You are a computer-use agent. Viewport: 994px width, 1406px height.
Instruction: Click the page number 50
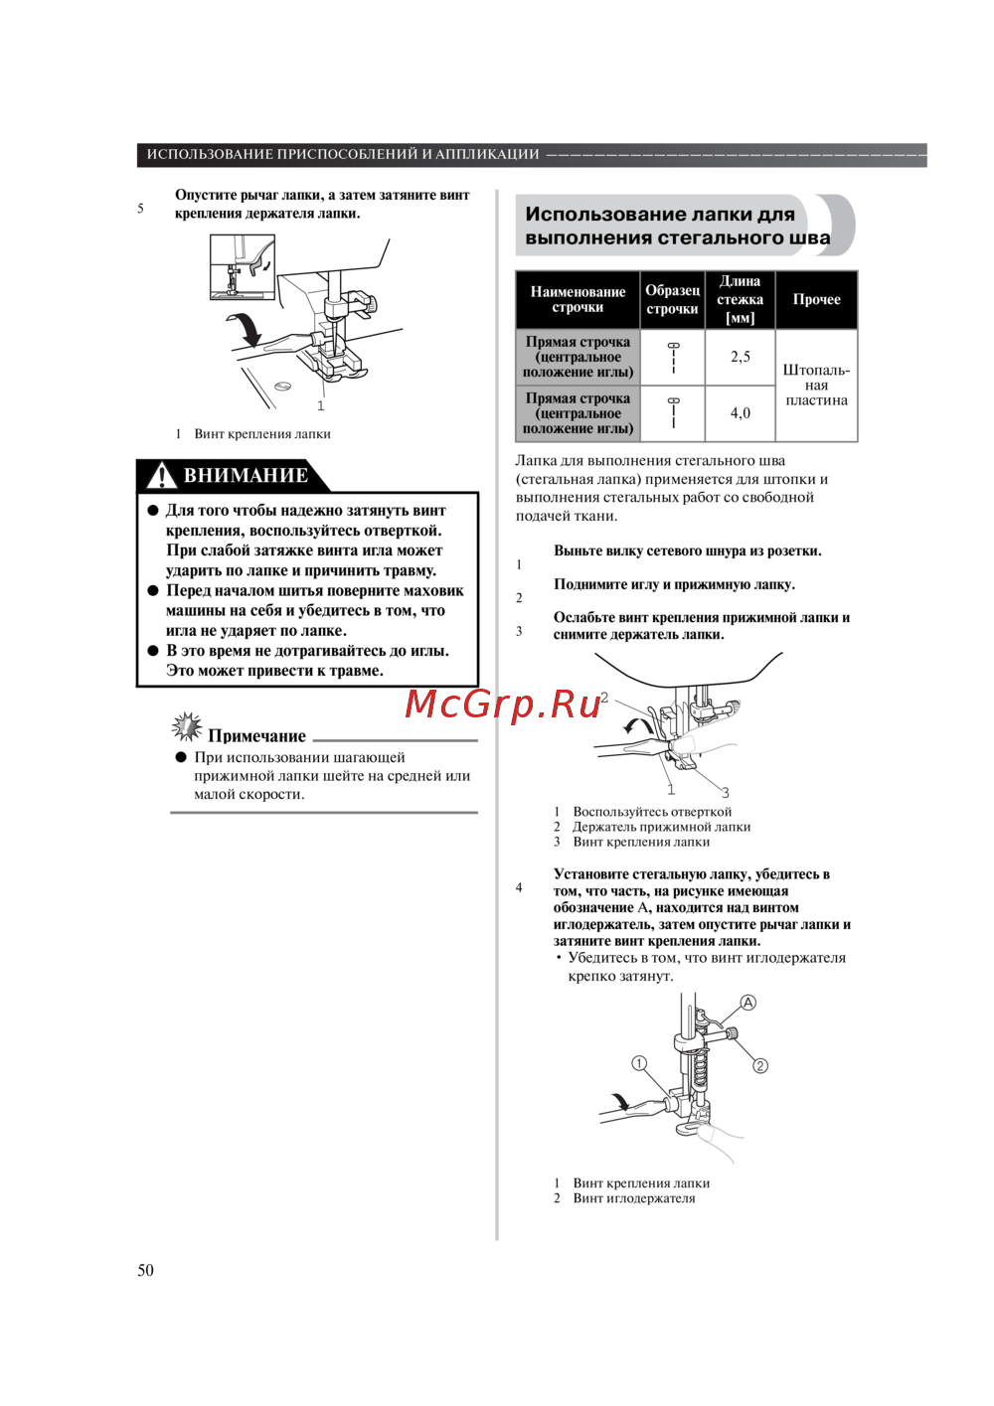point(145,1270)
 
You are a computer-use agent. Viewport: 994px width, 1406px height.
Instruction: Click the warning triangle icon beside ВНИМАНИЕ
point(161,476)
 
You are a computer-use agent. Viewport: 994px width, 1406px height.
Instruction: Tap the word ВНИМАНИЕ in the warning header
point(246,476)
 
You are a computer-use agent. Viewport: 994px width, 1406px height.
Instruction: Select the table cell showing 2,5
point(741,357)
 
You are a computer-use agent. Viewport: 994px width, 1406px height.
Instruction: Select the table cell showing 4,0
point(741,413)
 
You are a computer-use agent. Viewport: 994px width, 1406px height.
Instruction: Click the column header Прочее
point(816,299)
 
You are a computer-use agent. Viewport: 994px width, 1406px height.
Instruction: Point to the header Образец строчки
point(673,299)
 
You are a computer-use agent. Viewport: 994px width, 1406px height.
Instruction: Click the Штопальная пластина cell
point(816,385)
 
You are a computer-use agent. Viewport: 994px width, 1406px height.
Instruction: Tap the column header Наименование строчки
point(578,299)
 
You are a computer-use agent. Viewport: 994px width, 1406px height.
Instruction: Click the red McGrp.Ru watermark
point(503,703)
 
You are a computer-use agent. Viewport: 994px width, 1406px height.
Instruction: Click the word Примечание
point(256,736)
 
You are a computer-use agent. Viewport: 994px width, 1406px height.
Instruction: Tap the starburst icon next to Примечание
point(186,727)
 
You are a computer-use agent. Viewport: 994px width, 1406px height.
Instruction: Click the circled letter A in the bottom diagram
point(748,1003)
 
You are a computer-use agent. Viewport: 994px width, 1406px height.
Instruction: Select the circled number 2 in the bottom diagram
point(760,1066)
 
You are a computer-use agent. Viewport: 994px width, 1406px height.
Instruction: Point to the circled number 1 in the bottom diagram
point(640,1063)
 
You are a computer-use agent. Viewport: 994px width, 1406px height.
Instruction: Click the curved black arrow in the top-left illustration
point(246,329)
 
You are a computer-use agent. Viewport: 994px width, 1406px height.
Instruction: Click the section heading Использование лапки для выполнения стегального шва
point(677,226)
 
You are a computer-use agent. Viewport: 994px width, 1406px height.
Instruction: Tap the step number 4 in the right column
point(519,887)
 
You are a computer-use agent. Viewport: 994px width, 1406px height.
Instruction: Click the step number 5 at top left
point(140,209)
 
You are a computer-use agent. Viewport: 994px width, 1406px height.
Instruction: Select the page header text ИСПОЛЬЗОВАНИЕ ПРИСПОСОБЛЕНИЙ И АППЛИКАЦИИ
point(343,154)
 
